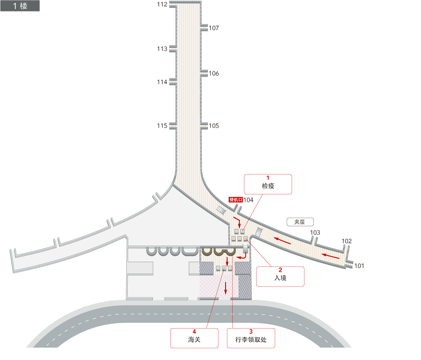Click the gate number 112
(162, 4)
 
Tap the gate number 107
(214, 28)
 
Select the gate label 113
(162, 49)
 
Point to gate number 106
(214, 73)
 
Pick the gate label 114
(162, 82)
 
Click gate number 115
(162, 126)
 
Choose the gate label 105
(214, 126)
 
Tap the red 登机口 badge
(236, 200)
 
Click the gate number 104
(248, 200)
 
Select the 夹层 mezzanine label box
(300, 222)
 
